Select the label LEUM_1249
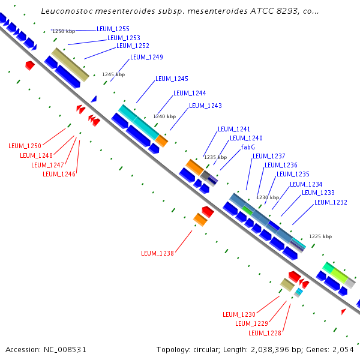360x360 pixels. (x=146, y=57)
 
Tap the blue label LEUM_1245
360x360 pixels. (x=172, y=79)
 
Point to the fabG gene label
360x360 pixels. (x=248, y=147)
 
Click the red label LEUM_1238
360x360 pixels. (x=157, y=253)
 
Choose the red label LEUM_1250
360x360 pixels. (x=25, y=146)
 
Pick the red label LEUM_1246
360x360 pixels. (x=59, y=174)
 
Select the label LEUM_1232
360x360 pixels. (x=331, y=202)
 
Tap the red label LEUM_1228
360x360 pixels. (x=265, y=333)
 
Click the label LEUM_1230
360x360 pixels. (x=239, y=314)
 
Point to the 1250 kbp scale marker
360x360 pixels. (x=64, y=31)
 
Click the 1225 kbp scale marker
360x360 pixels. (x=320, y=236)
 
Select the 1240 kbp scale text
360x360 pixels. (x=164, y=116)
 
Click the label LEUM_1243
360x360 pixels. (x=205, y=106)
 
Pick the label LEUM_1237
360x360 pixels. (x=269, y=156)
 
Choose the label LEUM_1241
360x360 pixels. (x=234, y=129)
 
